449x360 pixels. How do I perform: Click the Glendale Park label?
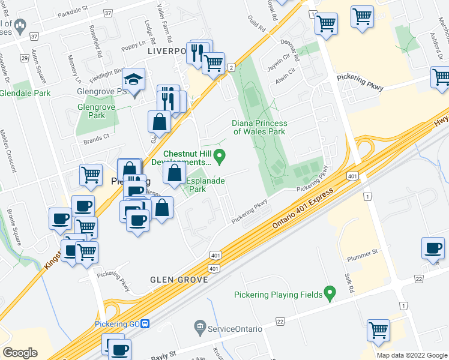[x=25, y=93]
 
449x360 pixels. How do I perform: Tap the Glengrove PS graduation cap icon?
[x=134, y=80]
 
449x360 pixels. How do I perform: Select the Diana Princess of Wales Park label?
[x=259, y=127]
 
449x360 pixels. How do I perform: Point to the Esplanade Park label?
[x=205, y=184]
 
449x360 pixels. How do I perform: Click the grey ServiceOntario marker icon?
[x=200, y=328]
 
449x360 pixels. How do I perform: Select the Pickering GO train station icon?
[x=145, y=324]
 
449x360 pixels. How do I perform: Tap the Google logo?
[x=20, y=352]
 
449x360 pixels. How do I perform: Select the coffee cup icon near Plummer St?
[x=433, y=248]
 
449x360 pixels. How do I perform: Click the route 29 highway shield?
[x=24, y=58]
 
